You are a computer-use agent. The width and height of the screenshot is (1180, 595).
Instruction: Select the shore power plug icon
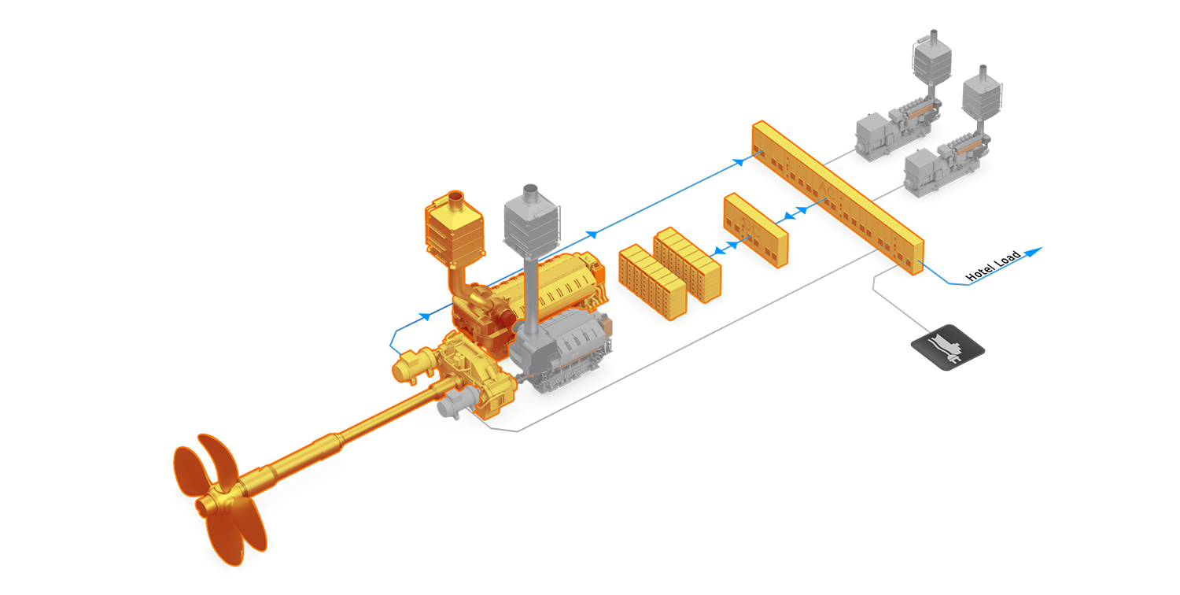(951, 346)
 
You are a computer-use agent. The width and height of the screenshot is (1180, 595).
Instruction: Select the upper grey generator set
(897, 130)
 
